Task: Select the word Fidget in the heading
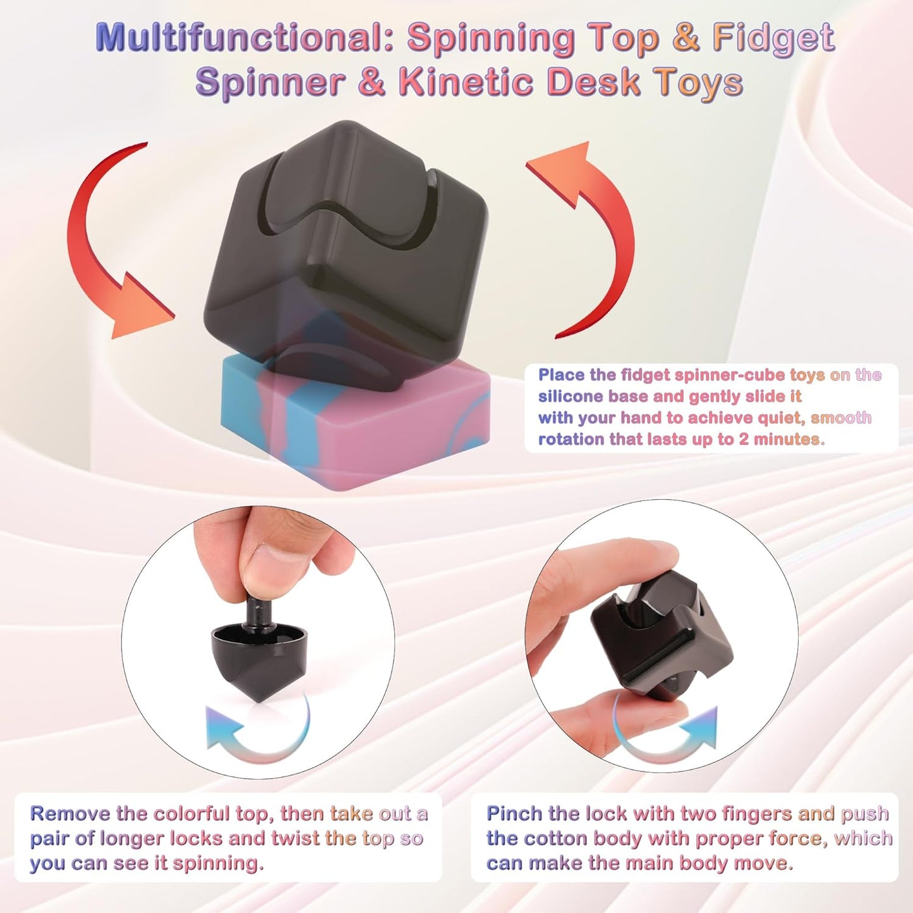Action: (x=774, y=38)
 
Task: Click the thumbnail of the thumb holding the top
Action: (x=278, y=562)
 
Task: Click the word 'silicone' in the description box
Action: (x=571, y=396)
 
